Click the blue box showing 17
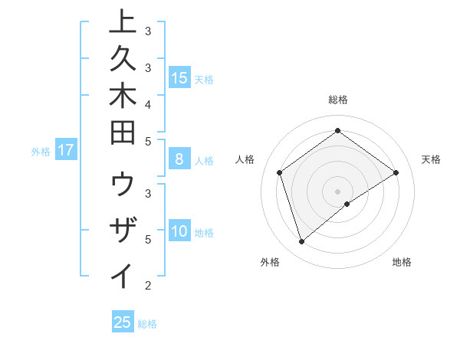(x=66, y=151)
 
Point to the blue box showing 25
(x=123, y=322)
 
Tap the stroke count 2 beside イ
(x=148, y=286)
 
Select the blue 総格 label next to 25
(x=147, y=324)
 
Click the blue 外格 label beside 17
(x=41, y=152)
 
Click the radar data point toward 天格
(x=396, y=172)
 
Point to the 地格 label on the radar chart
(x=402, y=262)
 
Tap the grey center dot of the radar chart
(x=337, y=191)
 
